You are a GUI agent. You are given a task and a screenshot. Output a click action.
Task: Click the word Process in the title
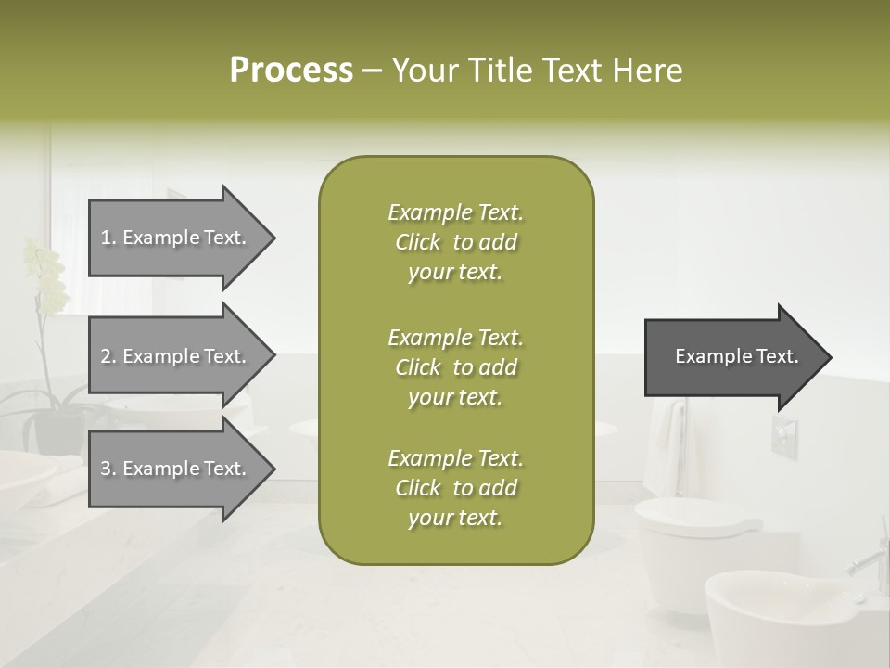click(x=291, y=70)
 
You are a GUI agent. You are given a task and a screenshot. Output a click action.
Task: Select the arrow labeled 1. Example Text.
click(x=176, y=238)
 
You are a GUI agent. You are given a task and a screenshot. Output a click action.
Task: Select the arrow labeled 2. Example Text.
click(x=176, y=356)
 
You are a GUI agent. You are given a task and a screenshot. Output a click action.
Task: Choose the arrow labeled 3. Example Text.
click(x=176, y=469)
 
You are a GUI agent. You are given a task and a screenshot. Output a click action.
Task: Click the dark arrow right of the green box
click(x=732, y=356)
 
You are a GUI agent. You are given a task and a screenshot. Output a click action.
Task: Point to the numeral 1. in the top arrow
click(x=108, y=238)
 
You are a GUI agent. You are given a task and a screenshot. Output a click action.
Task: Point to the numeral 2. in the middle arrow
click(x=108, y=356)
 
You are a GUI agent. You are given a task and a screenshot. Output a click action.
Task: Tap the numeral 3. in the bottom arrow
click(x=108, y=469)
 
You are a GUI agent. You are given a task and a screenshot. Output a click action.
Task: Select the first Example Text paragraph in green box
click(x=455, y=242)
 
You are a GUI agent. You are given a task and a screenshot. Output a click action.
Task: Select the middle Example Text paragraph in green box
click(x=455, y=367)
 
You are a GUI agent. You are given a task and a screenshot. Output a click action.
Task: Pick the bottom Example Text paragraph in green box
click(x=455, y=488)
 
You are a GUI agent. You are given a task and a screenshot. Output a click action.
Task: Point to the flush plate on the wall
click(x=783, y=435)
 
